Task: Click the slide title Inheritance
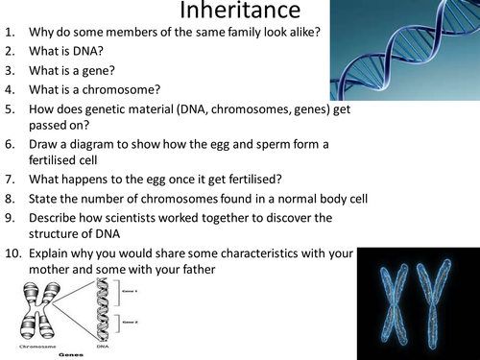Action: (x=240, y=14)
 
